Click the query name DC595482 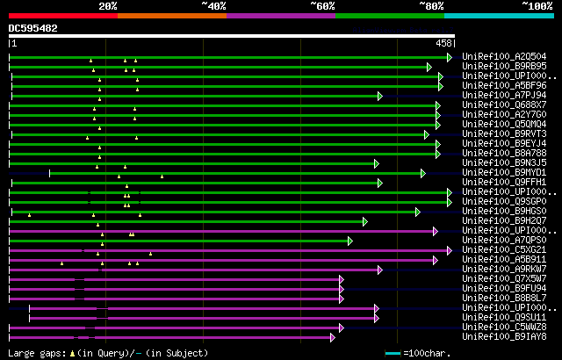(x=33, y=29)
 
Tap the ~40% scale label (x=213, y=6)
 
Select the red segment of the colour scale (x=62, y=16)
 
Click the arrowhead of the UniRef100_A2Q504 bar (x=450, y=57)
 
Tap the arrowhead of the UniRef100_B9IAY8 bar (x=333, y=337)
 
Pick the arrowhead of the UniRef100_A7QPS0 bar (x=349, y=241)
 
